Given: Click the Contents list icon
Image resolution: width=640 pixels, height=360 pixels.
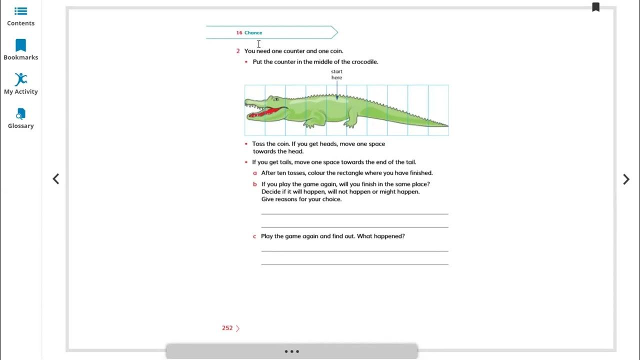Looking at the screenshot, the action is (20, 11).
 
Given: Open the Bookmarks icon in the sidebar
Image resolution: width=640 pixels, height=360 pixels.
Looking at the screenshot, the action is (20, 45).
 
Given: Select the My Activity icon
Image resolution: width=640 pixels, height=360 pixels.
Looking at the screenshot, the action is (21, 79).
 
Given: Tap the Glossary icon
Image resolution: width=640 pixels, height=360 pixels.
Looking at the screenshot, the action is (20, 113).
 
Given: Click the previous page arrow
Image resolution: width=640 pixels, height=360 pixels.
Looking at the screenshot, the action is (55, 179).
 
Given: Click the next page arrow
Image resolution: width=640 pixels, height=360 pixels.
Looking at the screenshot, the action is (626, 179).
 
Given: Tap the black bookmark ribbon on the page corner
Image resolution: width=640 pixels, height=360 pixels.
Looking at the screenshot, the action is (595, 7).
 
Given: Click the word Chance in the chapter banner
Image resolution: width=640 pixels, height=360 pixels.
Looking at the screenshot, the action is (253, 32).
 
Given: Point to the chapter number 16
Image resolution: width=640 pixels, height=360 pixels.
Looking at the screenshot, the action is (239, 32).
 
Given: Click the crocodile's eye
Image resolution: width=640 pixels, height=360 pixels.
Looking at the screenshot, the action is (276, 99).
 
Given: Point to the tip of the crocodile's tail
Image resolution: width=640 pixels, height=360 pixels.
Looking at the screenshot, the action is (447, 125).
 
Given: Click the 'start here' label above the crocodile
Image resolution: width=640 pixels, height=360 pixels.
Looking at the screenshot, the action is (336, 74).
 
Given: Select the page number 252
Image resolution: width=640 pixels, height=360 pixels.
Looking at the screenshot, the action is (227, 328).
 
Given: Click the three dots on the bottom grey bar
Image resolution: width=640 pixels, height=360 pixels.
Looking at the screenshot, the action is (291, 351).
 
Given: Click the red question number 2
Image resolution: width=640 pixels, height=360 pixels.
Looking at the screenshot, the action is (238, 51).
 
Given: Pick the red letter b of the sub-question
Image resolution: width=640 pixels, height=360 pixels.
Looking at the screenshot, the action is (255, 184).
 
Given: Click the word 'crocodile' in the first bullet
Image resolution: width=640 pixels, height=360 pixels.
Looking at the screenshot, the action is (364, 61).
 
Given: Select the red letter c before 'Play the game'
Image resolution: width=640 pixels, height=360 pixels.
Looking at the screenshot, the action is (254, 236).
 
